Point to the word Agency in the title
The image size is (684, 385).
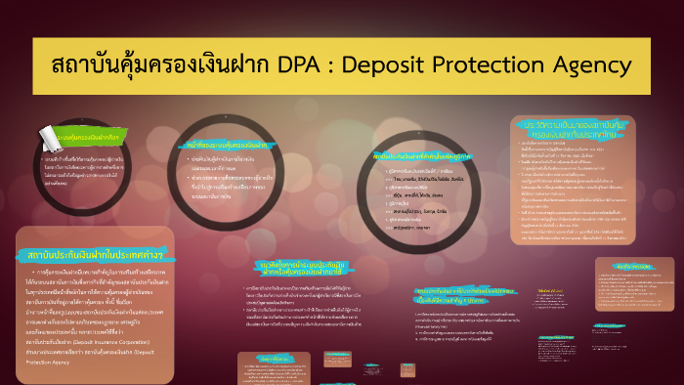604,65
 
